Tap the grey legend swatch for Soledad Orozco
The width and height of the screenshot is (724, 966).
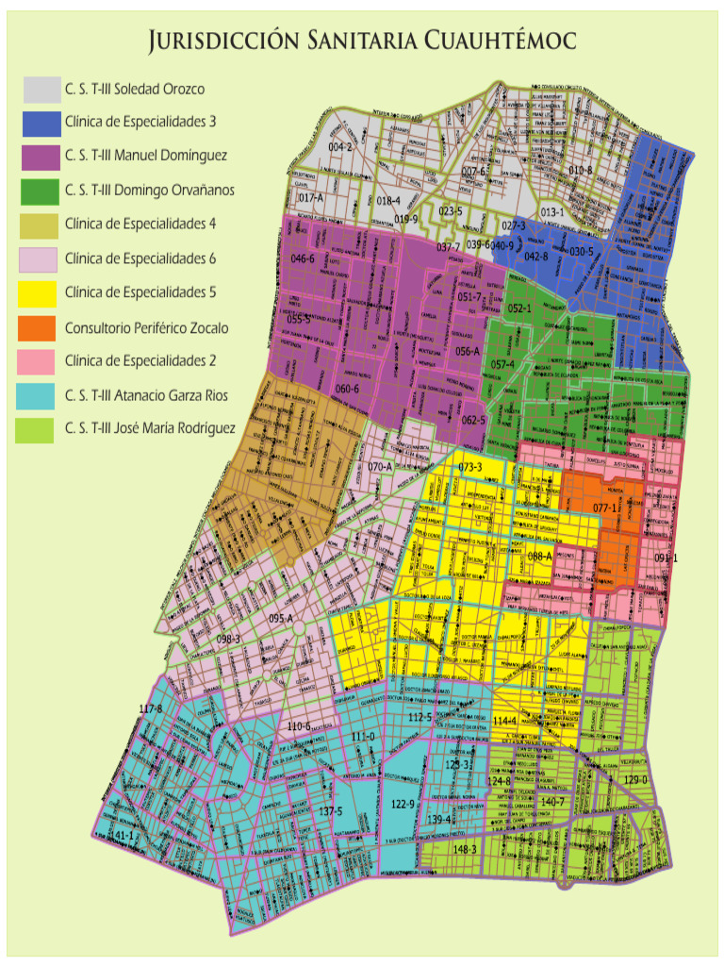(42, 90)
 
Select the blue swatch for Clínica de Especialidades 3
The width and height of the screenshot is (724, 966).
(42, 124)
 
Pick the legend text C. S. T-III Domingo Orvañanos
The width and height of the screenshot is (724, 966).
(150, 191)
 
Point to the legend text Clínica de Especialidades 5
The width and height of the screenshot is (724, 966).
(140, 292)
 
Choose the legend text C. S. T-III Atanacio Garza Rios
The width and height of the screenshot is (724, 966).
(146, 394)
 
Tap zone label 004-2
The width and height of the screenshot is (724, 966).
(340, 147)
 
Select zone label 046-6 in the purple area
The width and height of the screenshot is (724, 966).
(303, 258)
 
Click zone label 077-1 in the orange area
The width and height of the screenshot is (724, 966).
(607, 508)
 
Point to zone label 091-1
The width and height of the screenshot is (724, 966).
(666, 558)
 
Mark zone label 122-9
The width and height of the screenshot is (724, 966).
(403, 804)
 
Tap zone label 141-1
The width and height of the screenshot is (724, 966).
(123, 837)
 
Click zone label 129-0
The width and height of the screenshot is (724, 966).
(636, 780)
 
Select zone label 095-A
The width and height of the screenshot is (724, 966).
(281, 618)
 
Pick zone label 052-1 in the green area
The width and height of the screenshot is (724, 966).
(519, 308)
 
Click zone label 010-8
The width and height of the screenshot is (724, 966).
(580, 170)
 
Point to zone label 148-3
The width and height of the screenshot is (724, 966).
(465, 849)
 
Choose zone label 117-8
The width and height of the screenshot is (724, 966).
(151, 708)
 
